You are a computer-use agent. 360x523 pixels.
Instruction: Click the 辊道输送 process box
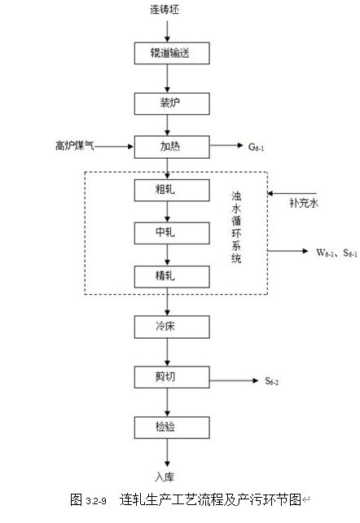point(172,53)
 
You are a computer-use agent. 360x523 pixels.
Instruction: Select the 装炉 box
point(172,103)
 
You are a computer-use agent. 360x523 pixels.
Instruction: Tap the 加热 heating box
point(172,147)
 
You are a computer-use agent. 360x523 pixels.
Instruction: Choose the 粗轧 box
point(172,190)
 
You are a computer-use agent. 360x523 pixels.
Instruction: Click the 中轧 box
point(172,233)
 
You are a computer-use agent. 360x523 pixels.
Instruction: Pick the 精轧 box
point(172,276)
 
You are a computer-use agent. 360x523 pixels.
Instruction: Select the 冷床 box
point(172,327)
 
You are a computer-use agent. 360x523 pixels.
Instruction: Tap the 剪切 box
point(172,377)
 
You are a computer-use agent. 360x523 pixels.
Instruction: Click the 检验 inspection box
point(172,428)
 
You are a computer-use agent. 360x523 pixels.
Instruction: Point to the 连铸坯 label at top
point(165,10)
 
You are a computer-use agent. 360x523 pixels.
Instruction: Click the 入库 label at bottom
point(165,477)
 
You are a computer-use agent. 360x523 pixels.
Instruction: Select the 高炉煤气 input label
point(75,146)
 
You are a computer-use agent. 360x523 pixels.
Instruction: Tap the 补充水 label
point(304,203)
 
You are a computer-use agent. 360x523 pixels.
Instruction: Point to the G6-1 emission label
point(256,147)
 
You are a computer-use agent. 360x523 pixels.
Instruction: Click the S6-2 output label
point(272,381)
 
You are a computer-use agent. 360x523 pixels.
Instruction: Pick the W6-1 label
point(325,253)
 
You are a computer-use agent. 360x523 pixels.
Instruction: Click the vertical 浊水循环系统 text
point(236,227)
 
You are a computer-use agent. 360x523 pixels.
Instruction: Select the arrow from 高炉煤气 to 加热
point(114,146)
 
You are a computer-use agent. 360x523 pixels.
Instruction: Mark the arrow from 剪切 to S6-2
point(234,380)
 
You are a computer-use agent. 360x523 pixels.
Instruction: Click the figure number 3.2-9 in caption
point(96,501)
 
